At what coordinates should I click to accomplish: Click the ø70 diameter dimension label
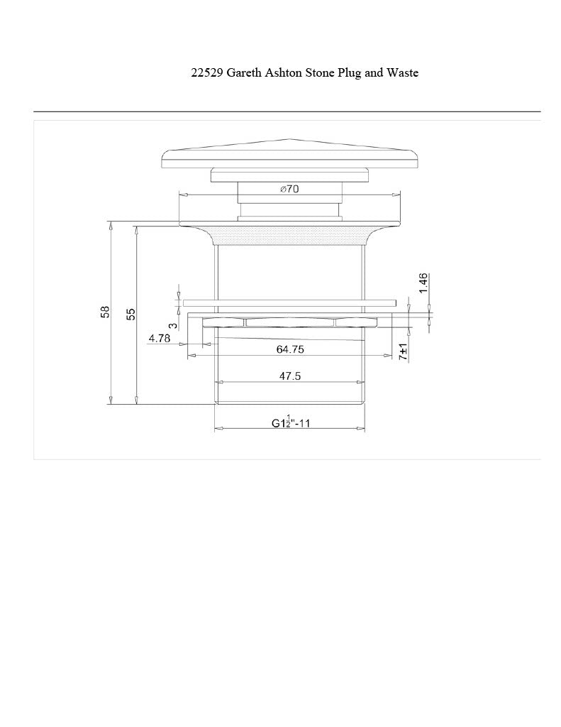pyautogui.click(x=289, y=189)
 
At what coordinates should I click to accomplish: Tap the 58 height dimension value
pyautogui.click(x=106, y=312)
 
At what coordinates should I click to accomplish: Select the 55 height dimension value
pyautogui.click(x=132, y=314)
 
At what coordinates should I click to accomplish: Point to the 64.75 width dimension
pyautogui.click(x=290, y=349)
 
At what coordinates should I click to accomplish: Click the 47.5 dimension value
pyautogui.click(x=290, y=376)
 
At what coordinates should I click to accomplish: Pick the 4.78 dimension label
pyautogui.click(x=160, y=339)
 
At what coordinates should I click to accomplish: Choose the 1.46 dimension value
pyautogui.click(x=423, y=283)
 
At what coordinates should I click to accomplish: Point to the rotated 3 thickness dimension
pyautogui.click(x=173, y=326)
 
